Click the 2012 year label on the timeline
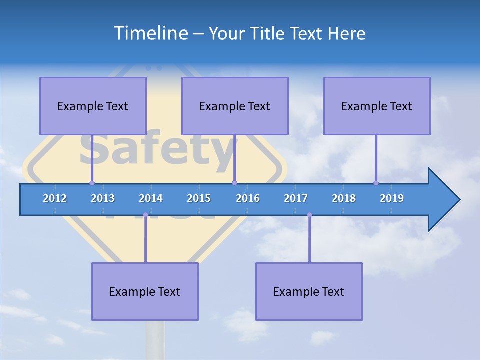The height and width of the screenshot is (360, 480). [x=55, y=198]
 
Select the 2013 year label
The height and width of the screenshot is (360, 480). [x=103, y=198]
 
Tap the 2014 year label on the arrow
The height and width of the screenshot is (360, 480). [x=151, y=198]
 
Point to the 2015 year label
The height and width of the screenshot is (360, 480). [x=199, y=198]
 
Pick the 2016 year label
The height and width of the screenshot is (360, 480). [x=248, y=198]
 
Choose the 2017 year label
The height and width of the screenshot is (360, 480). [x=296, y=198]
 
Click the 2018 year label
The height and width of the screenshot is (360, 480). [x=344, y=198]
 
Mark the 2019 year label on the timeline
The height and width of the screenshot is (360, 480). [x=392, y=198]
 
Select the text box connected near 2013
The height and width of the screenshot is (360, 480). [x=93, y=106]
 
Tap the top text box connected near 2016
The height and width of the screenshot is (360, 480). [x=235, y=106]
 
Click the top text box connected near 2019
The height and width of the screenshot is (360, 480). [x=377, y=106]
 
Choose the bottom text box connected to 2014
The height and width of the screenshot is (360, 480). [x=145, y=291]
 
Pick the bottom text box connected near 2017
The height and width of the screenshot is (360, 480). [x=309, y=291]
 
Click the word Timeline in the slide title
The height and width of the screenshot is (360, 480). [x=150, y=33]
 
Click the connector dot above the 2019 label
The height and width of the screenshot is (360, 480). [x=376, y=183]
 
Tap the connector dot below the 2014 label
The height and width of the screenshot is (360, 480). [x=145, y=215]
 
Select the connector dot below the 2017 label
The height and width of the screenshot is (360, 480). [x=309, y=215]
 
